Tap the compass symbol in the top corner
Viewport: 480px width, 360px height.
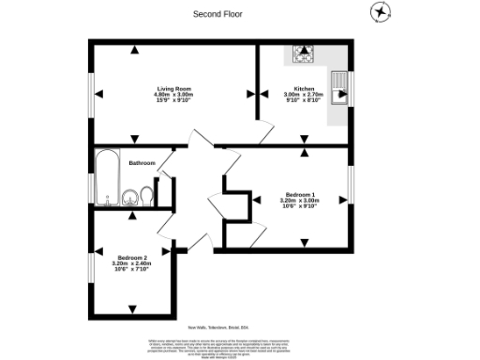pos(381,12)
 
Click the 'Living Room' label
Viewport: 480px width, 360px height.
pos(173,88)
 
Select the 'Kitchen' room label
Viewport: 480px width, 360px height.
pos(303,88)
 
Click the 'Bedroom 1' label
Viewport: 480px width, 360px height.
pos(299,194)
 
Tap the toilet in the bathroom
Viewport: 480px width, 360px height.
pos(145,196)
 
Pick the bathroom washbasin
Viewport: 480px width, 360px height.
pos(128,197)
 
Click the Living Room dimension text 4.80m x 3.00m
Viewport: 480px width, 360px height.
pos(173,95)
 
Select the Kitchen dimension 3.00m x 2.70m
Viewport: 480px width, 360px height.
pos(303,95)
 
